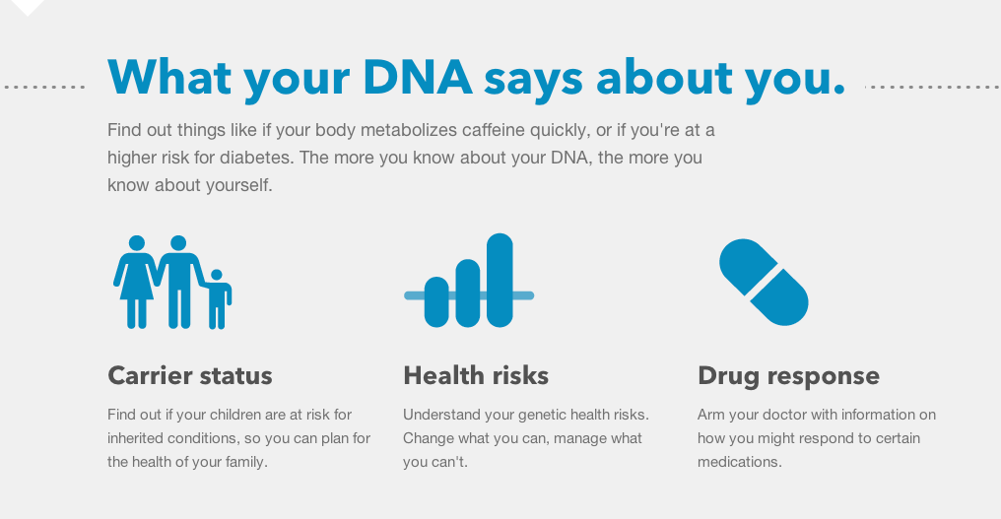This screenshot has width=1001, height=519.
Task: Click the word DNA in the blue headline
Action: pyautogui.click(x=418, y=77)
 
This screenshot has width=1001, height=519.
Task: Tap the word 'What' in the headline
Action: pyautogui.click(x=169, y=77)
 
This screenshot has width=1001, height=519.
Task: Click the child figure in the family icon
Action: pyautogui.click(x=217, y=299)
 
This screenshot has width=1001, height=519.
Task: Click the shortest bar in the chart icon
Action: pyautogui.click(x=436, y=302)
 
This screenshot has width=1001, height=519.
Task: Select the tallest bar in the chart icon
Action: pyautogui.click(x=500, y=281)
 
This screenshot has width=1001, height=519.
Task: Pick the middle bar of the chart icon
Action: pyautogui.click(x=468, y=293)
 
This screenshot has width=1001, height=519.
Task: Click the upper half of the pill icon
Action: pyautogui.click(x=748, y=266)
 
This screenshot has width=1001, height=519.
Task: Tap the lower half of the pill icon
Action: pyautogui.click(x=780, y=298)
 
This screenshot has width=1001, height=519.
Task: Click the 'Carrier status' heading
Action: pyautogui.click(x=190, y=375)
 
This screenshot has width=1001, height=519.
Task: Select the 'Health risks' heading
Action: pyautogui.click(x=476, y=375)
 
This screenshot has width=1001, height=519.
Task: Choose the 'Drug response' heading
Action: pyautogui.click(x=788, y=376)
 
